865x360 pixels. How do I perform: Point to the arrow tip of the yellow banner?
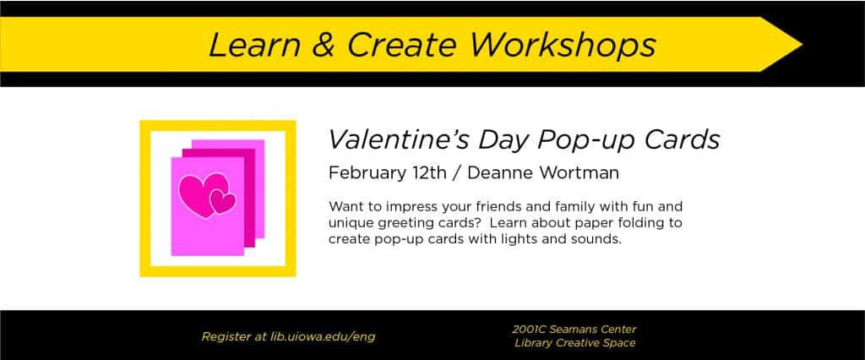pyautogui.click(x=802, y=45)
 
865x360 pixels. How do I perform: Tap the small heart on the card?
pyautogui.click(x=223, y=202)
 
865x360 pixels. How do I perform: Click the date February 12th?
pyautogui.click(x=387, y=173)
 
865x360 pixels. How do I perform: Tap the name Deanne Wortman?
pyautogui.click(x=543, y=173)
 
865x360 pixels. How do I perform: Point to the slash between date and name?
pyautogui.click(x=457, y=173)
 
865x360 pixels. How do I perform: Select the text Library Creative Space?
pyautogui.click(x=574, y=343)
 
